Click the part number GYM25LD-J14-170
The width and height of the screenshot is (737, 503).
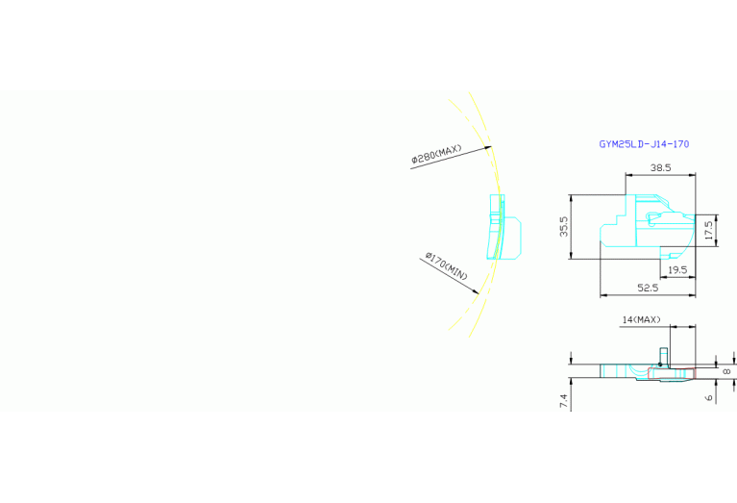coord(644,144)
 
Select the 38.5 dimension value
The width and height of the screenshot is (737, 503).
coord(660,167)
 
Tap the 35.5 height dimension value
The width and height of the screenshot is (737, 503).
coord(564,226)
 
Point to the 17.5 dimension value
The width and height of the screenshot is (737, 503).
coord(709,230)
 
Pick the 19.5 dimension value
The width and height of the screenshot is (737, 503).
coord(677,270)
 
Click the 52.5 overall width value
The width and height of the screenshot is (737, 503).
coord(648,288)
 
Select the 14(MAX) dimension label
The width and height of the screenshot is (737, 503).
coord(641,320)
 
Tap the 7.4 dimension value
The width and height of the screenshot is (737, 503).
coord(564,401)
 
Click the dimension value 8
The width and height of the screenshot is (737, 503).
coord(726,372)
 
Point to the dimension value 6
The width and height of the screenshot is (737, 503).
coord(709,398)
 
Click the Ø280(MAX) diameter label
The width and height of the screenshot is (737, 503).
coord(436,154)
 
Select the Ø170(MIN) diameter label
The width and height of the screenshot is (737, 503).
coord(447,266)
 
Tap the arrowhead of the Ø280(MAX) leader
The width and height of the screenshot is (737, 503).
coord(489,147)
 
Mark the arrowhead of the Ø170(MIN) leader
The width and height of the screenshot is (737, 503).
coord(477,291)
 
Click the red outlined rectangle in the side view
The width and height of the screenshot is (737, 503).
coord(672,373)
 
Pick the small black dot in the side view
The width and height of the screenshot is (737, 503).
coord(660,365)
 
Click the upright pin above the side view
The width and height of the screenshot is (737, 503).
coord(663,356)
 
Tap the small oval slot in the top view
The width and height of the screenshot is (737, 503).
coord(652,216)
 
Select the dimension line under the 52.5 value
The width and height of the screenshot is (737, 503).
coord(648,295)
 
